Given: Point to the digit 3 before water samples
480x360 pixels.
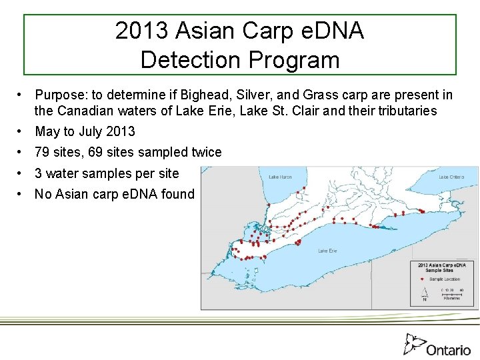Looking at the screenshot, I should tap(39, 173).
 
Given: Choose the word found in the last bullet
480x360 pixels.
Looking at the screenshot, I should tap(177, 194).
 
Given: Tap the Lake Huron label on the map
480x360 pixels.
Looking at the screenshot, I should tap(281, 177).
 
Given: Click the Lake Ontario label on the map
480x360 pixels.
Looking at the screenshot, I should tap(452, 177).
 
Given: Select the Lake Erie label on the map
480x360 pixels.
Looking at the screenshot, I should tap(327, 251).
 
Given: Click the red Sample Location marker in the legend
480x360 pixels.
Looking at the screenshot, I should tap(422, 279).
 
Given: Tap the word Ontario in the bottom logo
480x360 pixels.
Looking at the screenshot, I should tap(449, 349).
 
